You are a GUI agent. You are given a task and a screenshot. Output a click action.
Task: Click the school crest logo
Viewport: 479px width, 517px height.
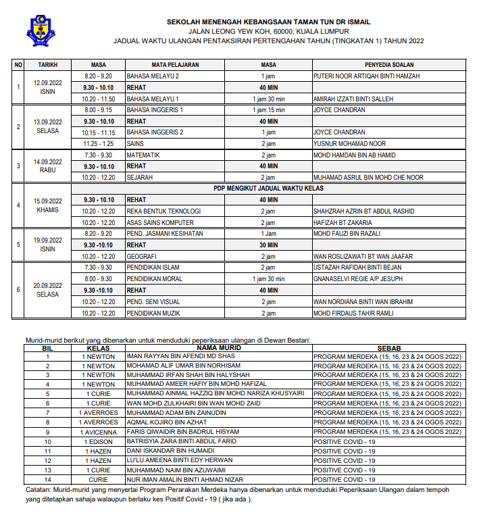point(42,29)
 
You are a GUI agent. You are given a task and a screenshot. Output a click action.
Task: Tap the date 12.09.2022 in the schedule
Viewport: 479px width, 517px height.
point(47,83)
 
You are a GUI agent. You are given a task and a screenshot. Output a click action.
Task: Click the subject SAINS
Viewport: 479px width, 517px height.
point(135,144)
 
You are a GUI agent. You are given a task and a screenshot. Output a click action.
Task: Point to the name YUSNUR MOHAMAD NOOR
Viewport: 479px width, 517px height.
point(349,144)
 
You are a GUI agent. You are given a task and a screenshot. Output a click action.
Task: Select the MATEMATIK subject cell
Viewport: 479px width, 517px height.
point(143,155)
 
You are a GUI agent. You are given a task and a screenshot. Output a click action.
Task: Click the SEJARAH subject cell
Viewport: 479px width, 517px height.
point(140,178)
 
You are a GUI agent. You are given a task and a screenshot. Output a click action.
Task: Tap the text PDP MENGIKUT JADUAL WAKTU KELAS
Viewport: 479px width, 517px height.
point(268,189)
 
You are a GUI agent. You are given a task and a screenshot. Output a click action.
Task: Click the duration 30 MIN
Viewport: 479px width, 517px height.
point(268,245)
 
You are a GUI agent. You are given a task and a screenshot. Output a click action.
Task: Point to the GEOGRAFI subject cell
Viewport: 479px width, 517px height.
point(142,257)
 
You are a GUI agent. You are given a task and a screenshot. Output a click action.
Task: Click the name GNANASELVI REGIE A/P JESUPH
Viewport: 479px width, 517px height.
point(357,279)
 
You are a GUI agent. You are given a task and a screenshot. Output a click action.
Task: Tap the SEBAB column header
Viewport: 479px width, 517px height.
point(389,347)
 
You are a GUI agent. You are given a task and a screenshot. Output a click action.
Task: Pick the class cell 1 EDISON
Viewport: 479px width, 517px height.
point(99,441)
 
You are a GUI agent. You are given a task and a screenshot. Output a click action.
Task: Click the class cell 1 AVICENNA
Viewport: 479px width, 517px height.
point(99,432)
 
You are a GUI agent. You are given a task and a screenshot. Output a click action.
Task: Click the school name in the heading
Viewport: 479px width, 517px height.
point(268,22)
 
